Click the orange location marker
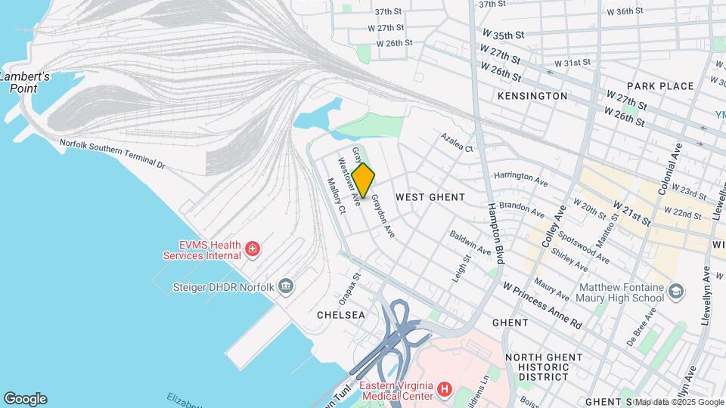tap(363, 181)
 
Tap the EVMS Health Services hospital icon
tap(252, 249)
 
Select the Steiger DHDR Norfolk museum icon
tap(286, 286)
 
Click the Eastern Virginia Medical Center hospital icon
tap(445, 390)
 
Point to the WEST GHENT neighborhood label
tap(430, 196)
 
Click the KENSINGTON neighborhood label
tap(532, 96)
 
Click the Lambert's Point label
tap(25, 82)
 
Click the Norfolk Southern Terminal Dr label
tap(112, 153)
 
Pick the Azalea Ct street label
tap(458, 143)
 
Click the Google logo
tap(25, 398)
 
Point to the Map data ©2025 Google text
tap(678, 402)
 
